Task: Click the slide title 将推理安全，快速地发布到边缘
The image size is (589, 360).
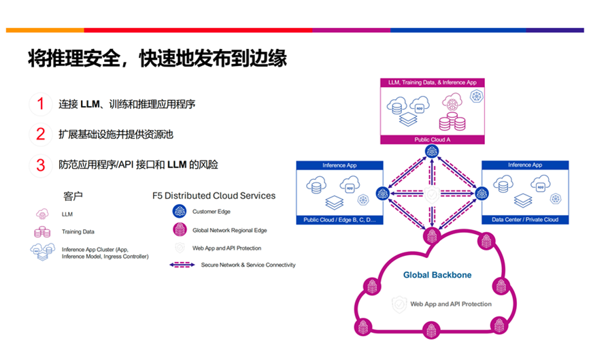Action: [157, 59]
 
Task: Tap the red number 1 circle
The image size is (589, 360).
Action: [40, 104]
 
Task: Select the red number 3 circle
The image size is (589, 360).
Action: [40, 165]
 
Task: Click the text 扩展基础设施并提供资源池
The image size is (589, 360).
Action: [116, 135]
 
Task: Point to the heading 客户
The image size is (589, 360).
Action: [73, 196]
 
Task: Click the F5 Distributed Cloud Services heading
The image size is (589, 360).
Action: [214, 196]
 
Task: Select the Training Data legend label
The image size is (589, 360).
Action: [78, 232]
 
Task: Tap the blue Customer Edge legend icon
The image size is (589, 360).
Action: [180, 212]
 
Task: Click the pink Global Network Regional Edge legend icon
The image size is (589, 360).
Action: [180, 230]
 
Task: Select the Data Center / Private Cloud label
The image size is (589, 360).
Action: [524, 220]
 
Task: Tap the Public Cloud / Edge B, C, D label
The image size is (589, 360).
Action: [337, 220]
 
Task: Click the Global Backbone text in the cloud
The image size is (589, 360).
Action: [437, 276]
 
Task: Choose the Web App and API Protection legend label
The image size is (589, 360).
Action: [227, 248]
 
